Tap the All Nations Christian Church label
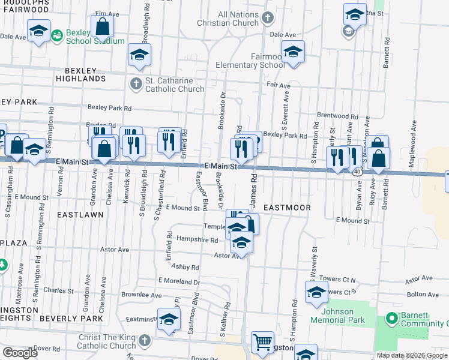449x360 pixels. [x=229, y=19]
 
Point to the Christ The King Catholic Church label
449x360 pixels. [x=107, y=341]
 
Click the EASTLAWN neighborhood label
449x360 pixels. [x=77, y=214]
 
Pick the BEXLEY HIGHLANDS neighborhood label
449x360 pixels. [x=80, y=74]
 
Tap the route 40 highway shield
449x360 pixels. [x=358, y=172]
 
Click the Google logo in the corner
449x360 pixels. [x=20, y=353]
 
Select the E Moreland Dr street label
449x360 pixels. [x=178, y=280]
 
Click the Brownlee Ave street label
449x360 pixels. [x=142, y=295]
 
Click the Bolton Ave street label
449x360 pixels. [x=423, y=295]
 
